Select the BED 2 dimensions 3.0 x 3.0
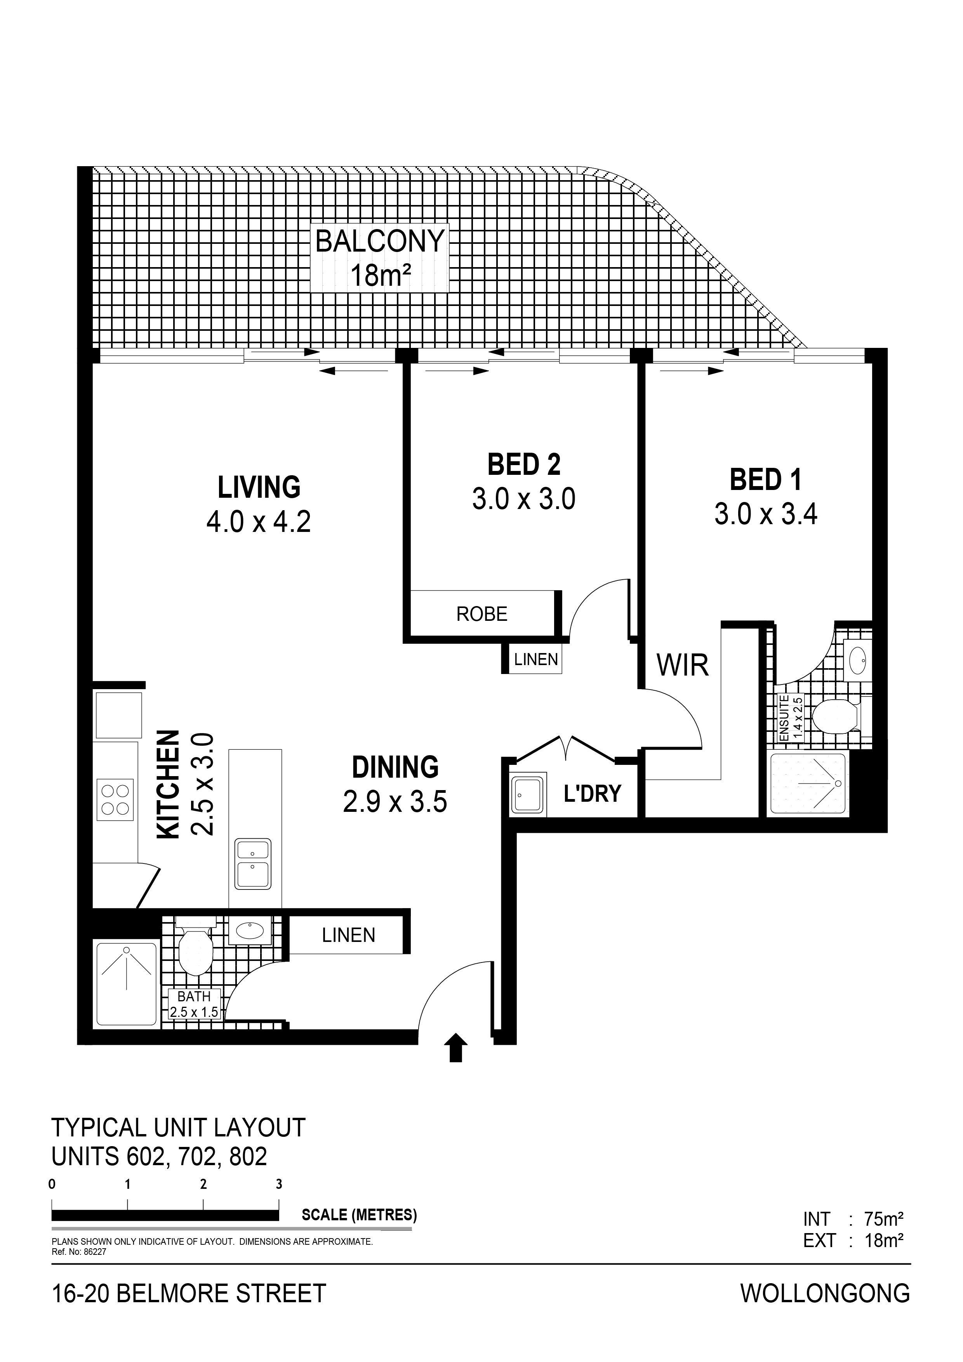[524, 499]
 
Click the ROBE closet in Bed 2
[482, 614]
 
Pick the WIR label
[682, 665]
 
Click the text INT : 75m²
[853, 1219]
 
